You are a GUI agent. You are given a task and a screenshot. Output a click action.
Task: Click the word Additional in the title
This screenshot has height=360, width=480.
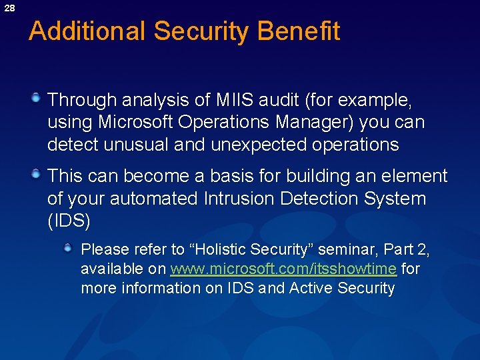tap(87, 31)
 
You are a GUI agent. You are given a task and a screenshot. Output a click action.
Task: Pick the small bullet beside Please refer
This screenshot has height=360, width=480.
tap(68, 249)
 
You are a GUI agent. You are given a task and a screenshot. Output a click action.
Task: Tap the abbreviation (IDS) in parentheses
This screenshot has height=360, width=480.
tap(69, 221)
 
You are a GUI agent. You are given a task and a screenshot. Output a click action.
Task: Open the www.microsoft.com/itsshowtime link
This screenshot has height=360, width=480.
tap(283, 269)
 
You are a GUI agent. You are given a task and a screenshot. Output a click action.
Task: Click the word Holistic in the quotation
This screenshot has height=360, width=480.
tap(221, 249)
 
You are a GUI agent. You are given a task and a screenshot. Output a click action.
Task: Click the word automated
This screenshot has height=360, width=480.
tap(154, 199)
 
